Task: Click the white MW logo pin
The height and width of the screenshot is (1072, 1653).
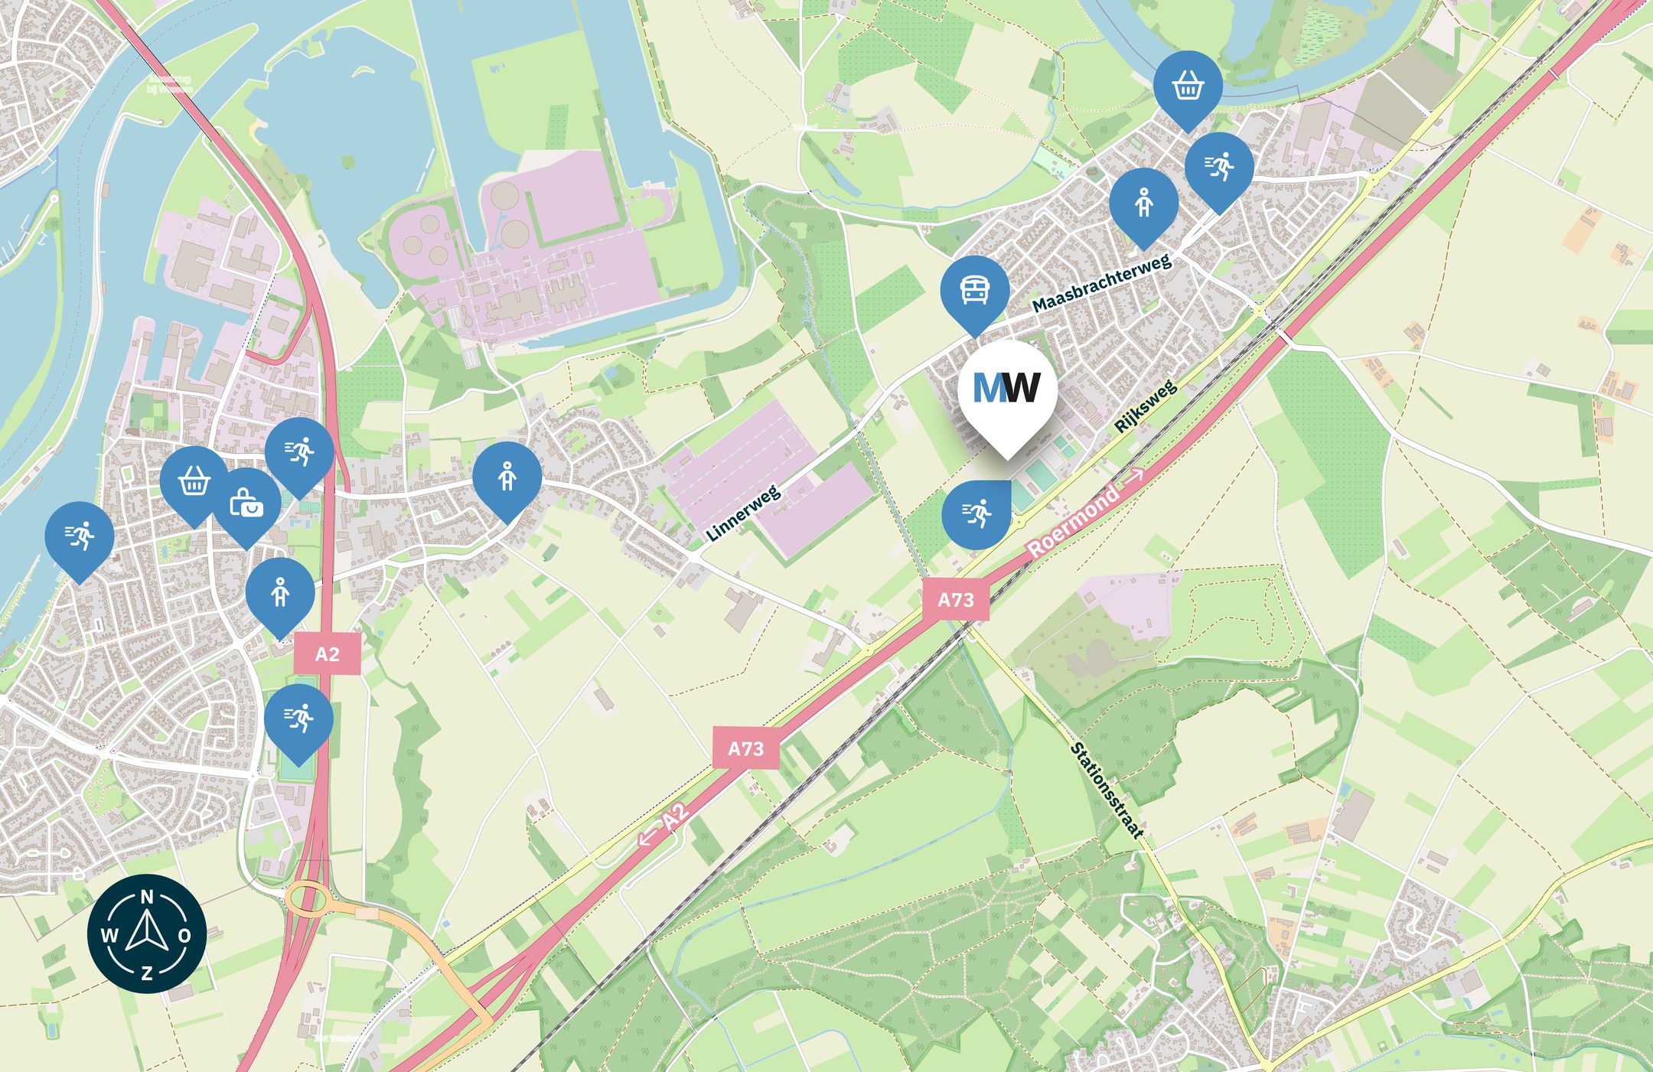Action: pyautogui.click(x=1007, y=391)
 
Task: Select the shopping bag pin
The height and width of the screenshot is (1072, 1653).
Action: pyautogui.click(x=246, y=503)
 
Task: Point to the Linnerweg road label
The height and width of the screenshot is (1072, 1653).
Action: pyautogui.click(x=743, y=513)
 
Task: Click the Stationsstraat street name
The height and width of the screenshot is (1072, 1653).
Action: pyautogui.click(x=1107, y=790)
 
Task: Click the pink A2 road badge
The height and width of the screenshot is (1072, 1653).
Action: pyautogui.click(x=327, y=654)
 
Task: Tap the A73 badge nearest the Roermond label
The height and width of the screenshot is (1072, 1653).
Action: pyautogui.click(x=956, y=599)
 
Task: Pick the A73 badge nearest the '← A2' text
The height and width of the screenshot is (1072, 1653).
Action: pyautogui.click(x=745, y=748)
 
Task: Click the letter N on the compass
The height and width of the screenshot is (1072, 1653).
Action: pyautogui.click(x=148, y=897)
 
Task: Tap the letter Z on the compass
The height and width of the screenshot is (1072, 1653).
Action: pyautogui.click(x=147, y=973)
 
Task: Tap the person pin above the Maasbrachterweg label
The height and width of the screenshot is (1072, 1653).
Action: pyautogui.click(x=1143, y=203)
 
